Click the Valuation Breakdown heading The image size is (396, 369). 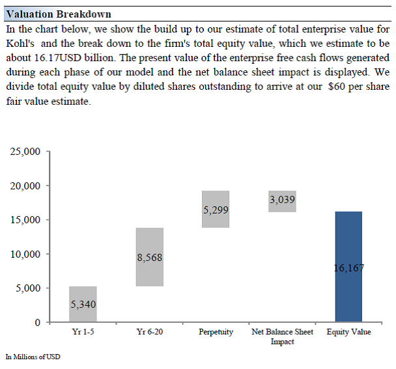(x=59, y=14)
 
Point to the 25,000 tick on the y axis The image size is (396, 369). (x=25, y=152)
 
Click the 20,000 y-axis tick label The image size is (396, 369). (x=25, y=186)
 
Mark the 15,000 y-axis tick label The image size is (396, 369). (x=25, y=220)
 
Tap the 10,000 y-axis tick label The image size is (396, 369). (x=25, y=254)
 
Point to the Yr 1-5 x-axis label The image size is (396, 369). (x=83, y=332)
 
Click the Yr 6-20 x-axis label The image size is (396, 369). (x=150, y=332)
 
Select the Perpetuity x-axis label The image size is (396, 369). (x=216, y=332)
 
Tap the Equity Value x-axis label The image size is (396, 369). (x=348, y=332)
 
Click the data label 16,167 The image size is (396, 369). (x=348, y=267)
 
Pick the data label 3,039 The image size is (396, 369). (x=282, y=200)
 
